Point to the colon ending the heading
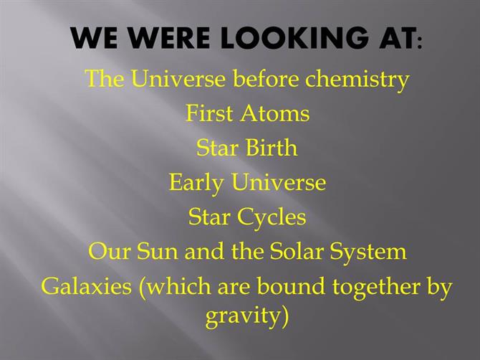(x=419, y=42)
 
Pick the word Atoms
(x=274, y=114)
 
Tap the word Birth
(x=272, y=148)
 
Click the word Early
(x=196, y=183)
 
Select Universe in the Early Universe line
(x=278, y=182)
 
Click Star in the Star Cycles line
(x=209, y=217)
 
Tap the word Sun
(x=157, y=252)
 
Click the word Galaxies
(x=86, y=286)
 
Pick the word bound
(x=290, y=285)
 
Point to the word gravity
(x=243, y=316)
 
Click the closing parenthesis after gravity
(x=284, y=317)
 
